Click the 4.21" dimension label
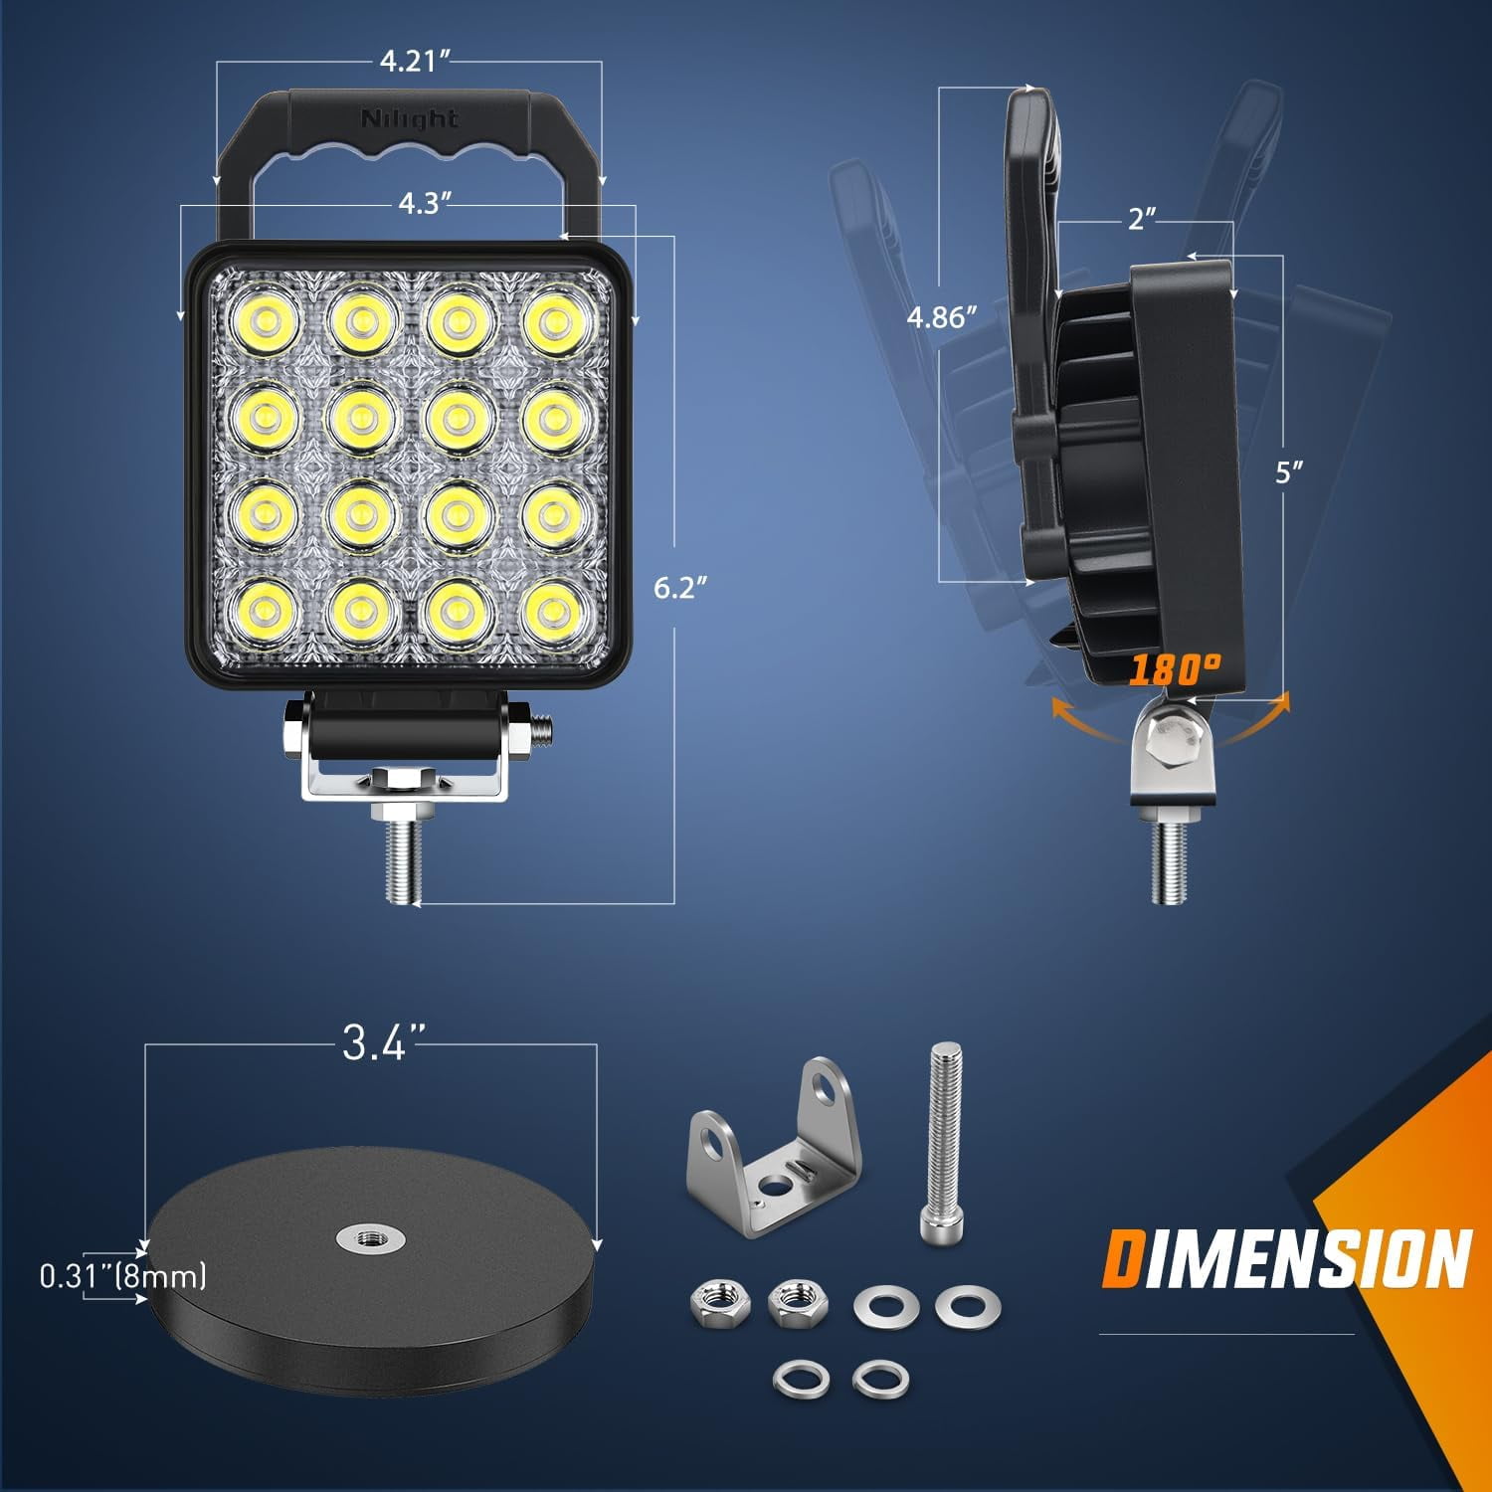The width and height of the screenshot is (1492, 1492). [409, 62]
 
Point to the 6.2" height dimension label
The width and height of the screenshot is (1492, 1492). [680, 588]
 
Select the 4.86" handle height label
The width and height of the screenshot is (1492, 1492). [942, 317]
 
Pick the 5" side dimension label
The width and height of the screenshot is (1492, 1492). [1289, 471]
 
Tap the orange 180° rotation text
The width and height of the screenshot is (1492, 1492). [1175, 669]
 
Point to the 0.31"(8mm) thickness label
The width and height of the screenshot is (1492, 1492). [123, 1275]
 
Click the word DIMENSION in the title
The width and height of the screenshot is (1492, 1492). [1286, 1258]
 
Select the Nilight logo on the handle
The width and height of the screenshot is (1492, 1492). [410, 119]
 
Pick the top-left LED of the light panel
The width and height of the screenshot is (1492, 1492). [267, 322]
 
